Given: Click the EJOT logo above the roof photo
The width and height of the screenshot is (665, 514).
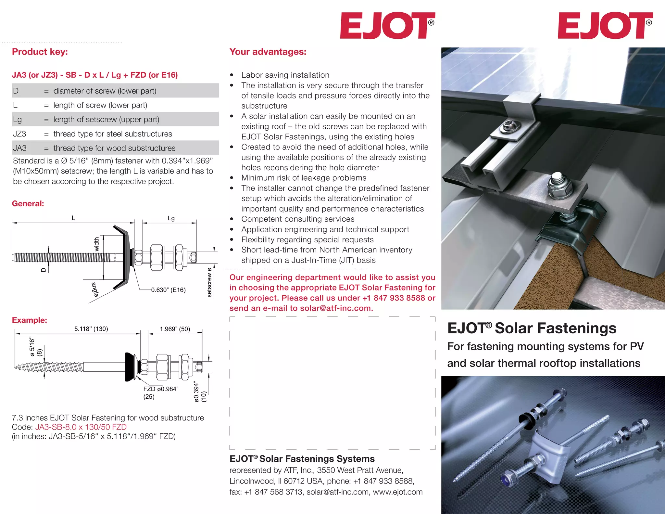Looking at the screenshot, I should click(x=605, y=26).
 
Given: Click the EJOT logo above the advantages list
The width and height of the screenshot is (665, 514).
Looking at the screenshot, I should click(x=387, y=26).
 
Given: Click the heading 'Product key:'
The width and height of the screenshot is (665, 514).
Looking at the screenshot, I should click(x=40, y=52).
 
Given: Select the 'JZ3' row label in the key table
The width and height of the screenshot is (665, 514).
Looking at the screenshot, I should click(x=19, y=134).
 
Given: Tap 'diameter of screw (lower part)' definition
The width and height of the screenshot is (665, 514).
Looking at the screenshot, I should click(x=105, y=91).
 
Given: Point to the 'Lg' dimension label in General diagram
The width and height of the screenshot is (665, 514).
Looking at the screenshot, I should click(x=171, y=218).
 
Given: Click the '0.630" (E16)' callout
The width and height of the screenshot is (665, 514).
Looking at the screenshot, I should click(x=168, y=290).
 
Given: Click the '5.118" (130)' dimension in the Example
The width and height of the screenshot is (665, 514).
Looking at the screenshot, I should click(x=91, y=329).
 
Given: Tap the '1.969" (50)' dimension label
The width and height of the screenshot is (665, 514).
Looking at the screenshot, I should click(x=175, y=329).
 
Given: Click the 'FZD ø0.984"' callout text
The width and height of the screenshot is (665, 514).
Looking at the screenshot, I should click(x=161, y=389).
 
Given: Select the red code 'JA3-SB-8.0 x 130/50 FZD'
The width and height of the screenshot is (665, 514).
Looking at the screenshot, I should click(x=81, y=427).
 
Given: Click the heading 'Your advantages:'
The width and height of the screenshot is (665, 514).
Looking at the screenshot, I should click(x=268, y=52).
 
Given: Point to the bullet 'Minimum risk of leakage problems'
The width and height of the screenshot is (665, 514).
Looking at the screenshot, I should click(x=304, y=178).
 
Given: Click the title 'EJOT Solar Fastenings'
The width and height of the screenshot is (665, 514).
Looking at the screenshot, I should click(x=532, y=328).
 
